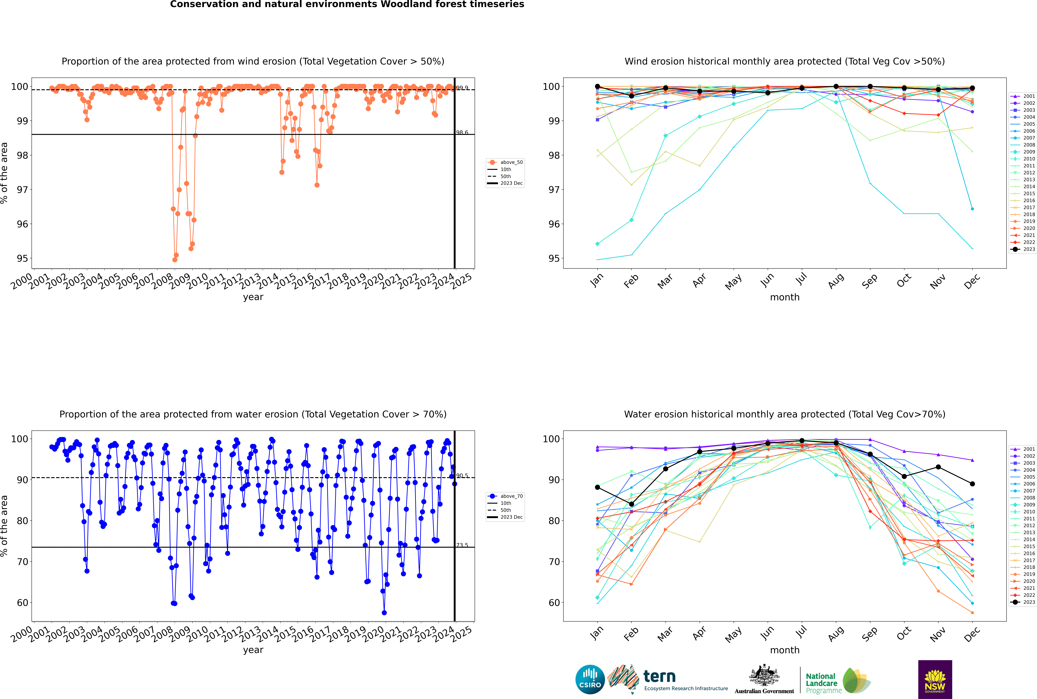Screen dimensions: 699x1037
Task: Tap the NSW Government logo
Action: tap(935, 679)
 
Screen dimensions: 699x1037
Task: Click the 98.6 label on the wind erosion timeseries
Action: tap(462, 132)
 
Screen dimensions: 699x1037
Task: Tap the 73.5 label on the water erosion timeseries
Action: tap(462, 545)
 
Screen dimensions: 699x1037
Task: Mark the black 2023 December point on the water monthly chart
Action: tap(972, 484)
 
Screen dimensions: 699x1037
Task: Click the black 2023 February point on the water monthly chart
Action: tap(631, 504)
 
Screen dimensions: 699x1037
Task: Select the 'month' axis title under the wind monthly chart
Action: tap(785, 297)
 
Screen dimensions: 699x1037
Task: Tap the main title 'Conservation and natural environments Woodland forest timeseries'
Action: tap(347, 4)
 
